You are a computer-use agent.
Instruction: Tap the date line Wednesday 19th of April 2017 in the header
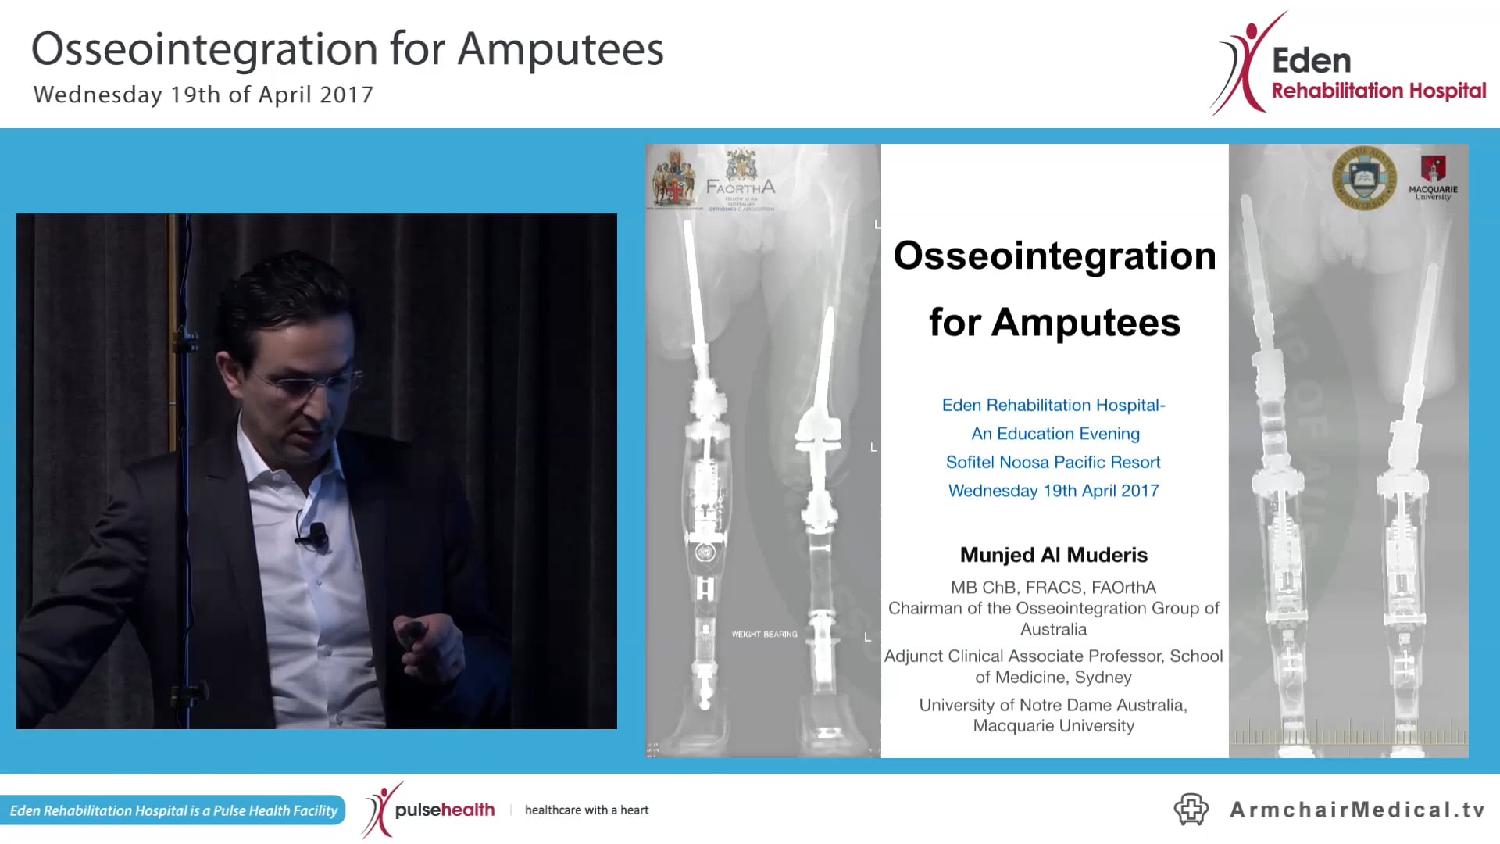click(203, 95)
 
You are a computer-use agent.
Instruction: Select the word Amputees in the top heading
click(560, 49)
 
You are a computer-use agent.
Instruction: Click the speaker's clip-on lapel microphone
click(316, 535)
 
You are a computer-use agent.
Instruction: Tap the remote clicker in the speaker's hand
click(412, 630)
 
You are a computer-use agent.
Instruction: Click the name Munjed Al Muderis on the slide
click(1053, 555)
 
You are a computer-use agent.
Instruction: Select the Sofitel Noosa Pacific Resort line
click(1053, 462)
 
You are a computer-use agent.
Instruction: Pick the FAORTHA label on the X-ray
click(740, 187)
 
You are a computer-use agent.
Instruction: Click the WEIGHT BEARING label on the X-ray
click(764, 635)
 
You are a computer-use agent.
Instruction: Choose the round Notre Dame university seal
click(1364, 178)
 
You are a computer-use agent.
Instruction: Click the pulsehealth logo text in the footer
click(444, 810)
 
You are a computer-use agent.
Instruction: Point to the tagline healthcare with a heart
click(587, 810)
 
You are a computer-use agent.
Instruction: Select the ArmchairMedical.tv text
click(1357, 810)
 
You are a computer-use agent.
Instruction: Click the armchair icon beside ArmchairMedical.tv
click(1191, 810)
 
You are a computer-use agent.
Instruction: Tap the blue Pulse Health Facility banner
click(173, 810)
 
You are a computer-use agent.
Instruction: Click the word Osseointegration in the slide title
click(1054, 256)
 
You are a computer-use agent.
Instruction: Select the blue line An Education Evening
click(1055, 434)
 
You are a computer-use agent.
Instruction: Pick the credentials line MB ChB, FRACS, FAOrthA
click(1053, 588)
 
